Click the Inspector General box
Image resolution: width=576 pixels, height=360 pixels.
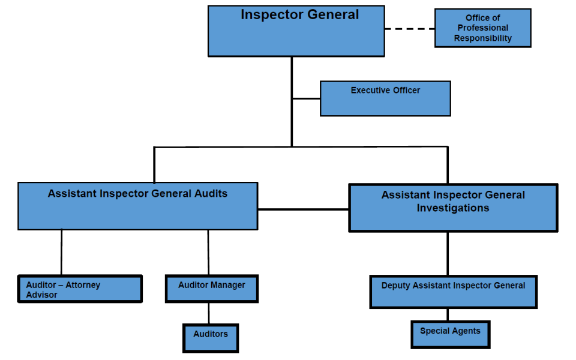coord(296,31)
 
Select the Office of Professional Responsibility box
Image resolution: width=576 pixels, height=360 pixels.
coord(482,28)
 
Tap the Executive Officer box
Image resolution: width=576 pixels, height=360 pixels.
coord(385,99)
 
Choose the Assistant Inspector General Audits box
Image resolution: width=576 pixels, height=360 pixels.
coord(137,206)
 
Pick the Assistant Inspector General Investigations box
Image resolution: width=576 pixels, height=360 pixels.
coord(453,208)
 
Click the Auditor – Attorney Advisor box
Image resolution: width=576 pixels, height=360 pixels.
coord(80,289)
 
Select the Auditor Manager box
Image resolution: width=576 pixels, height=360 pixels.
coord(211,289)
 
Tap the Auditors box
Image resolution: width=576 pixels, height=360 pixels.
coord(211,338)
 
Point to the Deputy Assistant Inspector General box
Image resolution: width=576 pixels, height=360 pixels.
coord(453,292)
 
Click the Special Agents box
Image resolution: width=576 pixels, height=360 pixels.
coord(450,334)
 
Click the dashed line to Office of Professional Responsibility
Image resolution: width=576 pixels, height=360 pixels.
coord(409,28)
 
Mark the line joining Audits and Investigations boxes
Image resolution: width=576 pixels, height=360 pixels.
coord(303,209)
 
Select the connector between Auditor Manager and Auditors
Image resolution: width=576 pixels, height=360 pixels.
coord(209,313)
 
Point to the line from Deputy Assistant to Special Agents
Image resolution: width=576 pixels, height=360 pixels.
coord(448,314)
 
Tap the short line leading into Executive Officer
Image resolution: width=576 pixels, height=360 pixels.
coord(306,98)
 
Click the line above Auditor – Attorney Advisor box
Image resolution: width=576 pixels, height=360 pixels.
coord(61,252)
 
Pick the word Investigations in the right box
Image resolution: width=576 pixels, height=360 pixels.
coord(453,208)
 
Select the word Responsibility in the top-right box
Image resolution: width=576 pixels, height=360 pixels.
coord(482,38)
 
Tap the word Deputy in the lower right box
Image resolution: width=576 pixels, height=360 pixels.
coord(397,286)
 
